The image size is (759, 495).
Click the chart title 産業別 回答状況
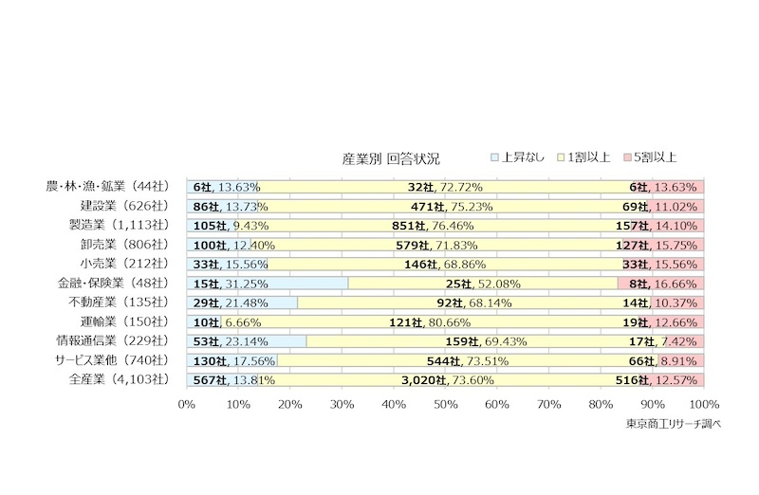coord(392,157)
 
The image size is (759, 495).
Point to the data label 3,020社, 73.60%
coord(445,380)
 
